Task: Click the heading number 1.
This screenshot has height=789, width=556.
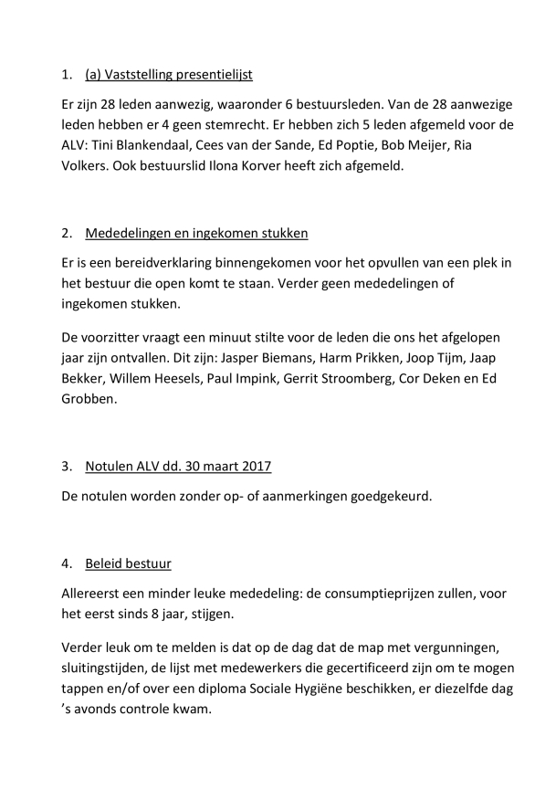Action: click(x=66, y=74)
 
